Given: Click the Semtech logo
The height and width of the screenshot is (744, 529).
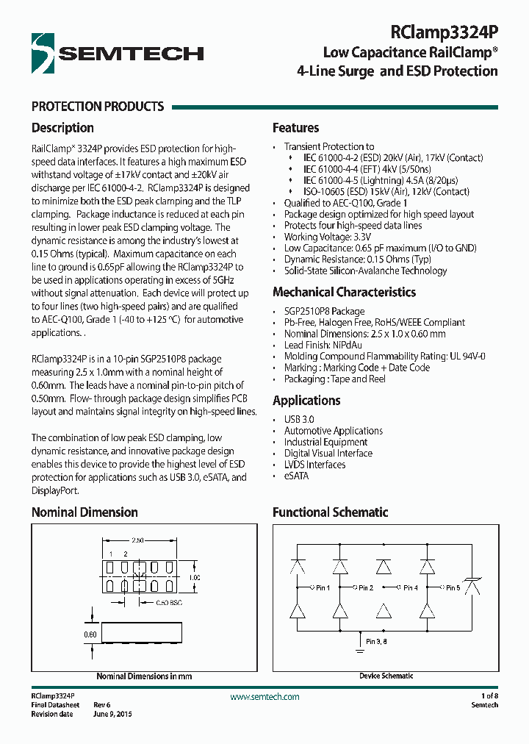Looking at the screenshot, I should click(118, 52).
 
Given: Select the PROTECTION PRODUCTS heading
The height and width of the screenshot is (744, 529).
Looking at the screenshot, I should click(98, 107).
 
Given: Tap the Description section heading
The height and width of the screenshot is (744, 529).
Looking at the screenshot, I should click(62, 128).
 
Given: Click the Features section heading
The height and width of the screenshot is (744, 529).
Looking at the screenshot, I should click(295, 128).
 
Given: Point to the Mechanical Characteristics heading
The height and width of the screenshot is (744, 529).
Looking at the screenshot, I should click(344, 292).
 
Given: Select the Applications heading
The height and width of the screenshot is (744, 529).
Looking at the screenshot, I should click(306, 401).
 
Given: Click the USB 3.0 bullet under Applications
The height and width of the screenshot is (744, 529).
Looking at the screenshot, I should click(300, 419).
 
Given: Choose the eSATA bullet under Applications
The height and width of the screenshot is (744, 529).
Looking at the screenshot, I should click(296, 476).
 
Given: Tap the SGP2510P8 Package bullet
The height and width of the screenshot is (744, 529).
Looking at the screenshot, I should click(324, 311).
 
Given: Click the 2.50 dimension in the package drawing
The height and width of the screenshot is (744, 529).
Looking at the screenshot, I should click(137, 539).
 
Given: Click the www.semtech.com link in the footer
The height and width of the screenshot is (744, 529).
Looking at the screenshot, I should click(264, 696).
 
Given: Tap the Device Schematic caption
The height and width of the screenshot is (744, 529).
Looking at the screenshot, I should click(386, 676).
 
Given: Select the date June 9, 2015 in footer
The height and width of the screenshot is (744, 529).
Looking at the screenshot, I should click(112, 714).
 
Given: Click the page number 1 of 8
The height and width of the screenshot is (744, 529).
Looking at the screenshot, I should click(489, 695).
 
